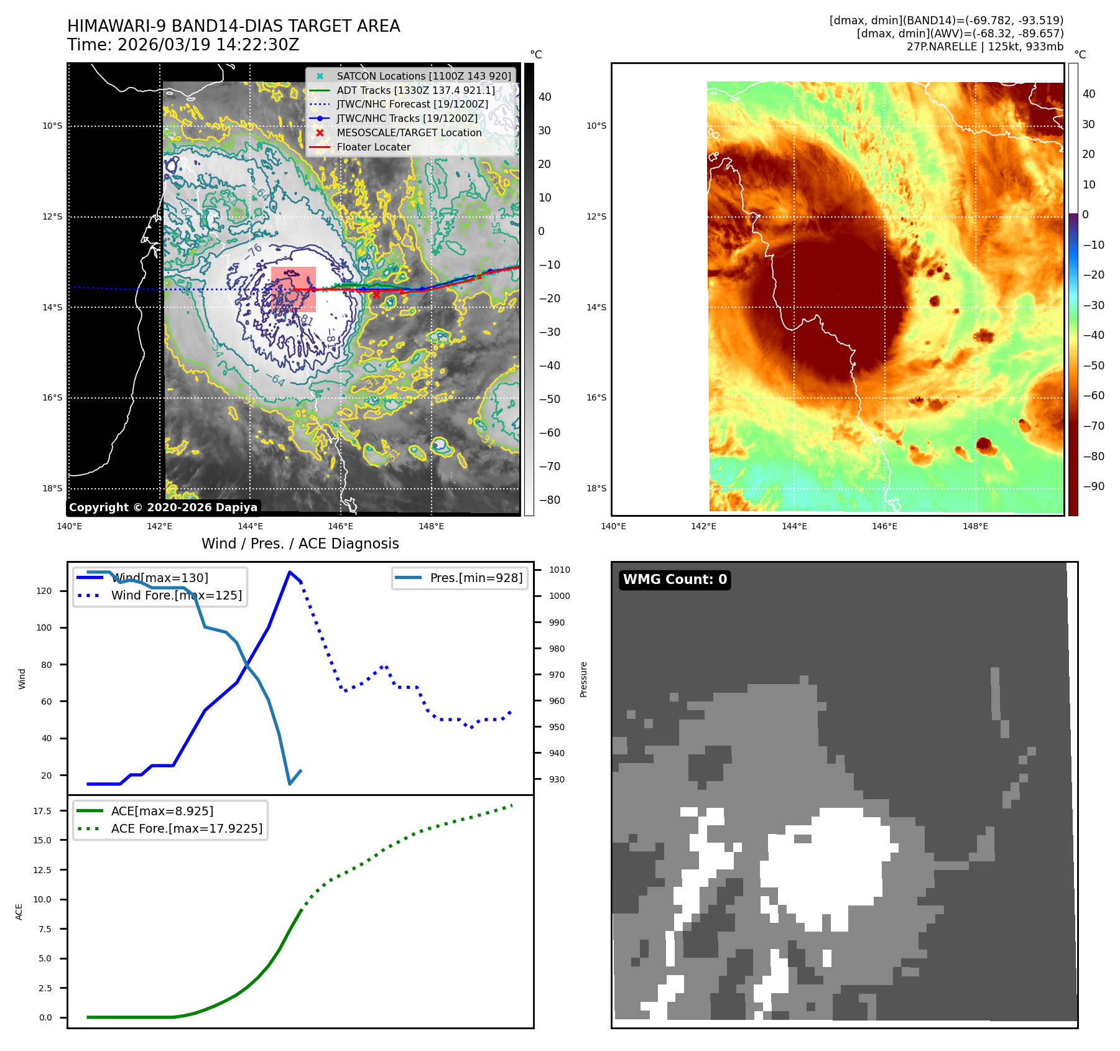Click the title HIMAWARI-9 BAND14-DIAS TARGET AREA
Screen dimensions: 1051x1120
pos(233,26)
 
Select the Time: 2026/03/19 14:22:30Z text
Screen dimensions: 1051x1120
pos(183,45)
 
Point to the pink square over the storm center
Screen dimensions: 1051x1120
pos(294,289)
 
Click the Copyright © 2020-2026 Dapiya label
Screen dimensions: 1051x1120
pos(163,507)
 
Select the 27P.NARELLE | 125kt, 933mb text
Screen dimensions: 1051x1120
pos(984,47)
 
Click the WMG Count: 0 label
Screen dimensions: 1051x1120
pos(675,580)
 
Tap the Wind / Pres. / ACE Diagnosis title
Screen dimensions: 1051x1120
pos(300,544)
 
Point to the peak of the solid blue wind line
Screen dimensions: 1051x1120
pos(290,572)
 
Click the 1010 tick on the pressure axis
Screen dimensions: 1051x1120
pos(559,570)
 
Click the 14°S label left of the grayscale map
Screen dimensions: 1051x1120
pos(52,307)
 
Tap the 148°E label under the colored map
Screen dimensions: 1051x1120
pos(975,526)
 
